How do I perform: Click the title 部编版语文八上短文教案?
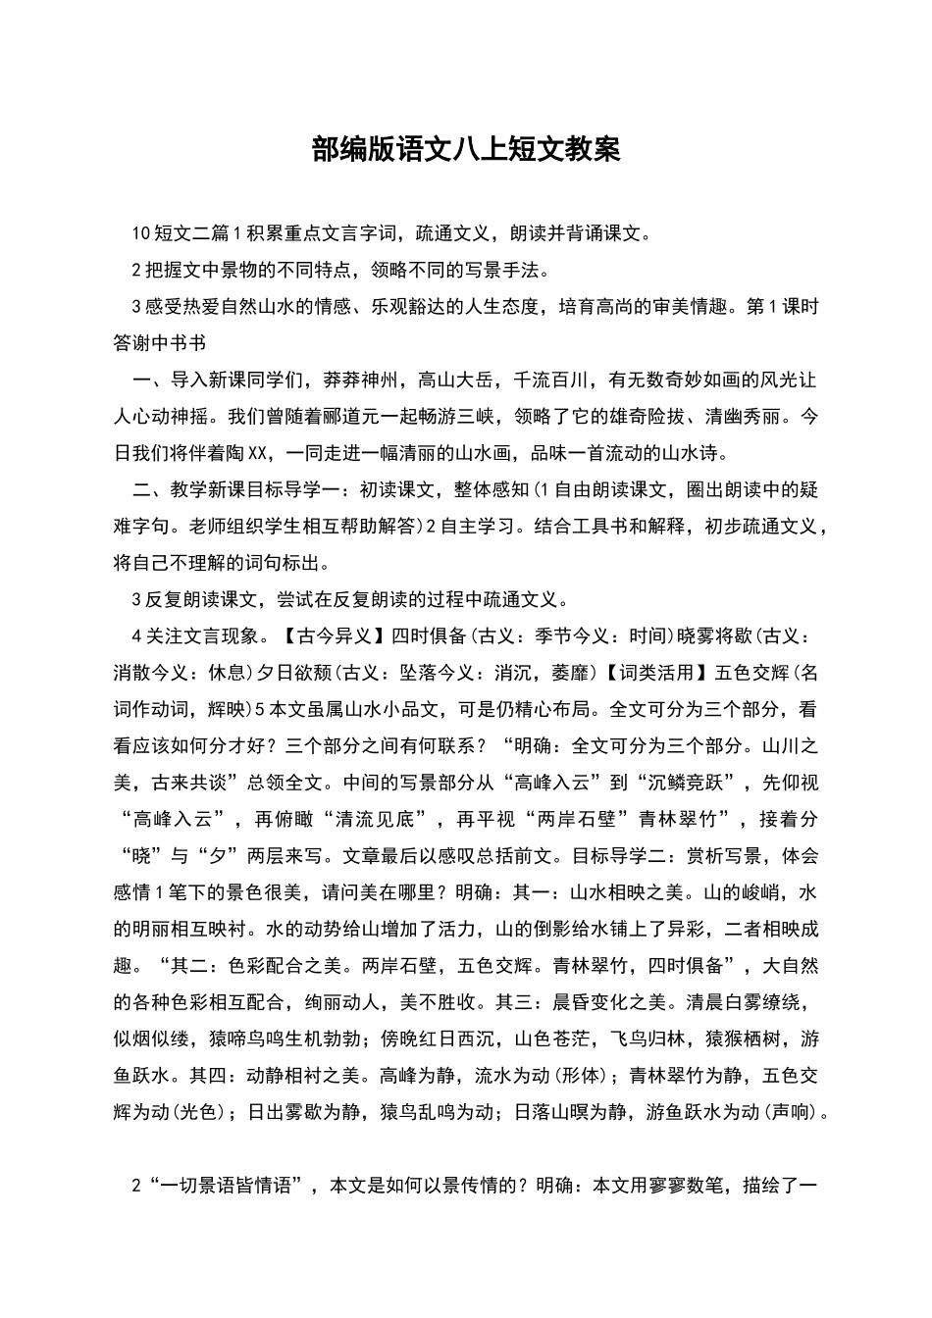(x=466, y=149)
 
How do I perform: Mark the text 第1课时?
(x=782, y=306)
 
